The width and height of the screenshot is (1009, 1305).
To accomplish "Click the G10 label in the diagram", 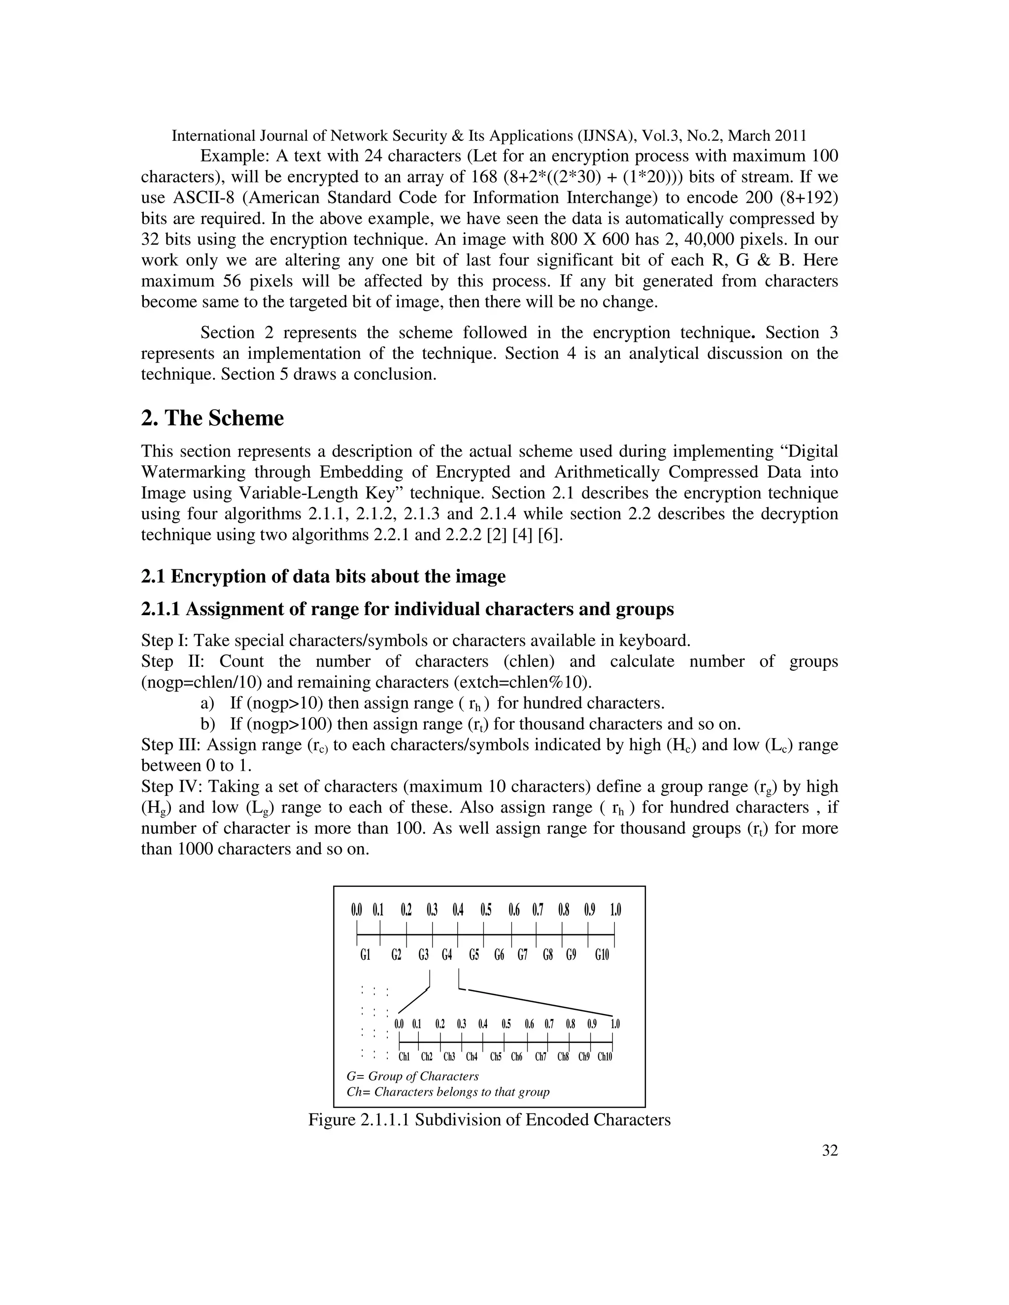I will pyautogui.click(x=602, y=955).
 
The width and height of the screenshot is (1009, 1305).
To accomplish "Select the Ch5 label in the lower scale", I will pyautogui.click(x=496, y=1057).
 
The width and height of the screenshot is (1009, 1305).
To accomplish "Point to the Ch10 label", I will pyautogui.click(x=605, y=1057).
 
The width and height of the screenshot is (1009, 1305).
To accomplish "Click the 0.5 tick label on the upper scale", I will pyautogui.click(x=486, y=911).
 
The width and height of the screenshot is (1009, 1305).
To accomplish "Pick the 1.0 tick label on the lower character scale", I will pyautogui.click(x=615, y=1024).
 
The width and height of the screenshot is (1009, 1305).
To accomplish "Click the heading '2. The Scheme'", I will pyautogui.click(x=212, y=418).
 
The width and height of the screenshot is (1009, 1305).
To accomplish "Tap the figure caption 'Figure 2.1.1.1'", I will pyautogui.click(x=489, y=1120).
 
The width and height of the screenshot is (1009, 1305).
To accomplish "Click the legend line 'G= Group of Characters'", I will pyautogui.click(x=412, y=1076).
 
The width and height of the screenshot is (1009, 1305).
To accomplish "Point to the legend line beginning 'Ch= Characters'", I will pyautogui.click(x=448, y=1092).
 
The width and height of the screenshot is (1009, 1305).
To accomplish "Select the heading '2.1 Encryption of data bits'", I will pyautogui.click(x=323, y=577).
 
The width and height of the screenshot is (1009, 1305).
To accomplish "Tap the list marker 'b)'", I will pyautogui.click(x=207, y=724).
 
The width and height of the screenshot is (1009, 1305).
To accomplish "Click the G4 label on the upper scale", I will pyautogui.click(x=447, y=955).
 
